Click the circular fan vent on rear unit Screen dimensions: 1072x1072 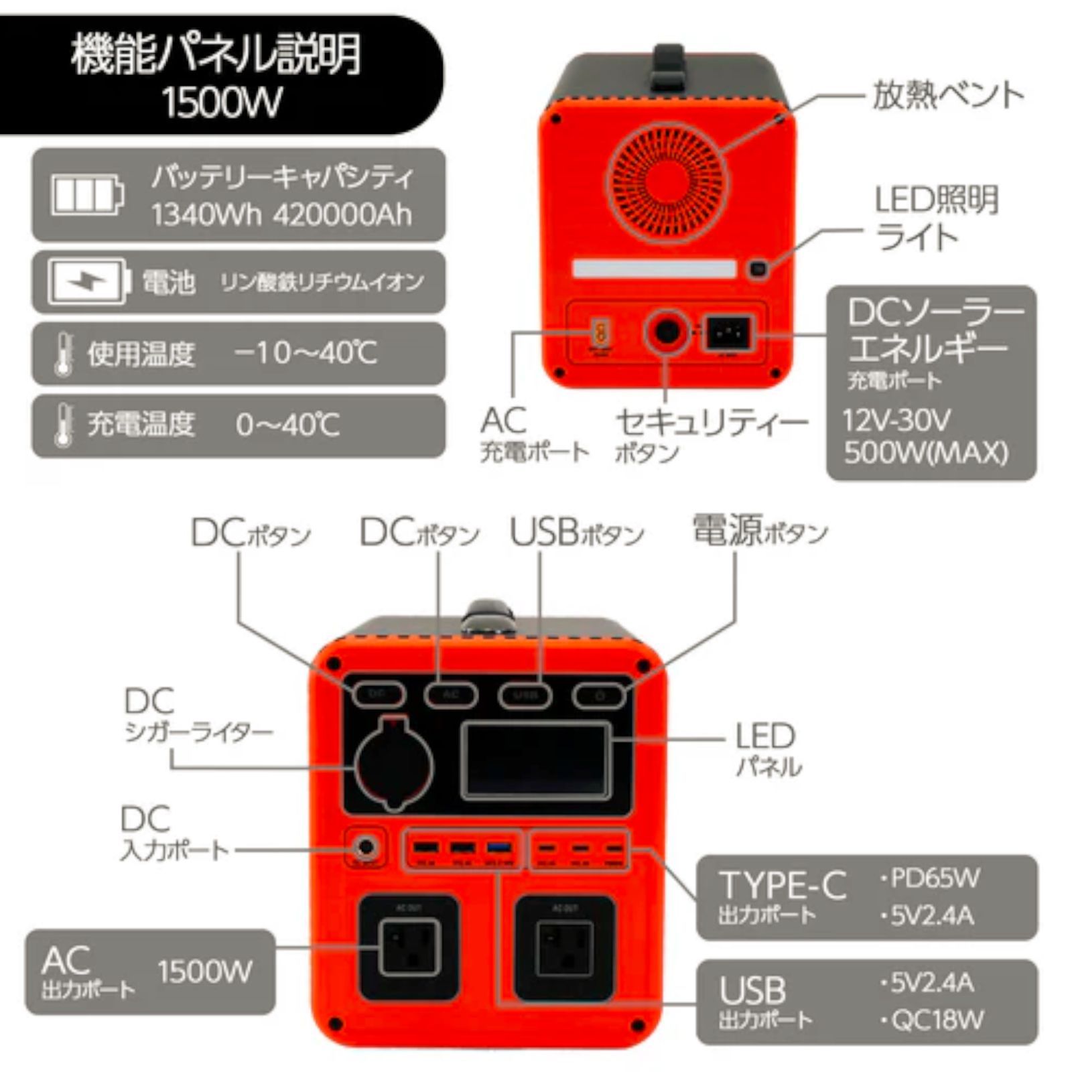pos(667,182)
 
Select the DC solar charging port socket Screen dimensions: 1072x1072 pos(727,332)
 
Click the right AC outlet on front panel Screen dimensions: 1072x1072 pos(564,947)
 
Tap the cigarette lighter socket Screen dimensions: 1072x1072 pos(394,764)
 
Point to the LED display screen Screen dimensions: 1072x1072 pos(536,761)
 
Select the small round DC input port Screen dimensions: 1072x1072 pos(366,848)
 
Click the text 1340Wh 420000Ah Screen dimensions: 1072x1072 pos(281,215)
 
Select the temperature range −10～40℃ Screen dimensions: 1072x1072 pos(306,352)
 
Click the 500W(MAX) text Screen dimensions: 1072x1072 pos(925,452)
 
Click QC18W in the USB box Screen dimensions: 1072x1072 pos(937,1020)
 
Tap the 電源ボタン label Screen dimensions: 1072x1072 pos(760,531)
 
